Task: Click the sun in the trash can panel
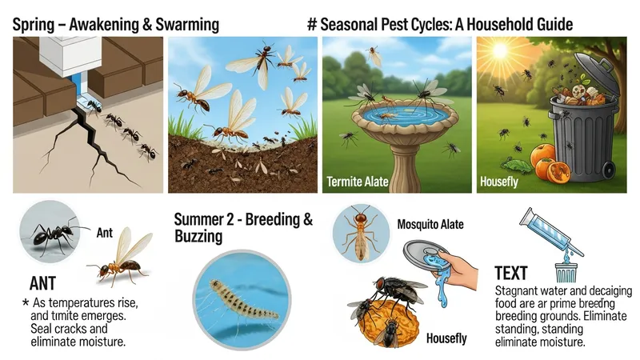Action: click(x=501, y=50)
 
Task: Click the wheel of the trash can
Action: click(x=610, y=170)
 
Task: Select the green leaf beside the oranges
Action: click(x=516, y=165)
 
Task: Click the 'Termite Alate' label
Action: click(x=358, y=182)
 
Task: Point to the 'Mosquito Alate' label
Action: click(x=430, y=224)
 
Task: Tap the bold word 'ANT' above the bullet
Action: click(x=42, y=283)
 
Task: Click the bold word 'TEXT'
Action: click(x=511, y=273)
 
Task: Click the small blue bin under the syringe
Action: click(x=566, y=273)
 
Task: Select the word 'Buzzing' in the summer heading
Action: click(x=198, y=236)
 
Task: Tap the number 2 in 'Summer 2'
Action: click(x=230, y=219)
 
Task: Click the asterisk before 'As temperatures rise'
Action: click(x=26, y=303)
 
